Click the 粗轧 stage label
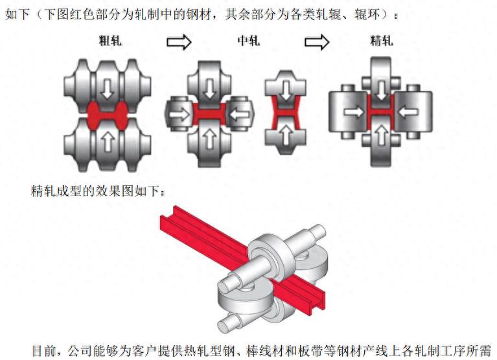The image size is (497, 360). coord(110,41)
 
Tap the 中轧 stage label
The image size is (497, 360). coord(249,41)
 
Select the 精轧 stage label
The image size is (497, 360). coord(381,41)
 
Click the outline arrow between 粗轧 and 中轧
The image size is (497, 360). coord(179,42)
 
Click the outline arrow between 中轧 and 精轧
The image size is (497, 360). coord(317,42)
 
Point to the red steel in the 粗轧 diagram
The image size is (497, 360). coord(107,116)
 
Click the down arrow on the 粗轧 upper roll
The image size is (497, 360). coord(107,88)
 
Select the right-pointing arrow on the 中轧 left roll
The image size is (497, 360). coord(180,114)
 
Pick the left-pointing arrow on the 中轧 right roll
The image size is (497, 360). coord(239,114)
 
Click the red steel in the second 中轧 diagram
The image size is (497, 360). coord(285,113)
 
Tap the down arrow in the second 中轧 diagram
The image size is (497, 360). coord(286,91)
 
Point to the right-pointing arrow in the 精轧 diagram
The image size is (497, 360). coord(354,112)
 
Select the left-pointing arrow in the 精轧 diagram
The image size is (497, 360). coord(408,112)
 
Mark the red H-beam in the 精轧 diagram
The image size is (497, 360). coord(380,112)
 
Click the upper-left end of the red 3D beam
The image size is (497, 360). coord(167,216)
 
